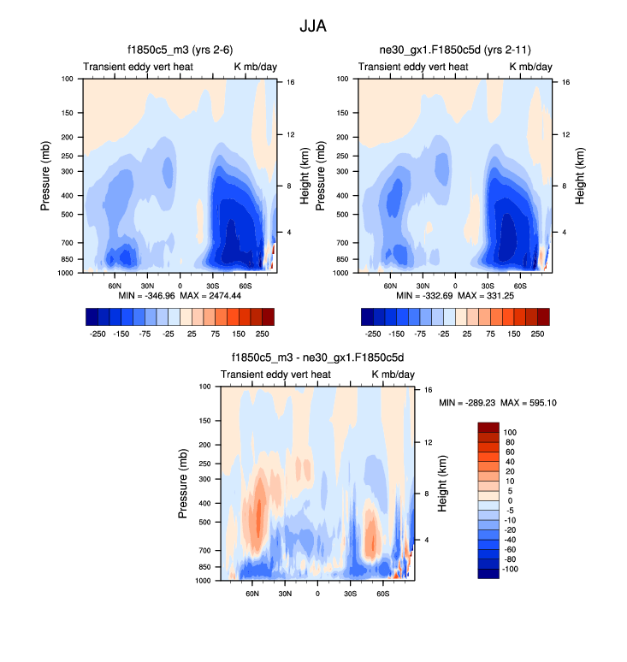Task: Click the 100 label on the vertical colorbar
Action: coord(510,433)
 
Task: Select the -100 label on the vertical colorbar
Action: coord(512,569)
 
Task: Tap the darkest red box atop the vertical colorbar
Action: coord(487,427)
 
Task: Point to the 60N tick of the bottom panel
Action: coord(251,593)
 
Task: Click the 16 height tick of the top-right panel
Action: coord(566,82)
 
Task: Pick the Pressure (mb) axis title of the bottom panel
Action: coord(183,484)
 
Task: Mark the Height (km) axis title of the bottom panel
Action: coord(443,484)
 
